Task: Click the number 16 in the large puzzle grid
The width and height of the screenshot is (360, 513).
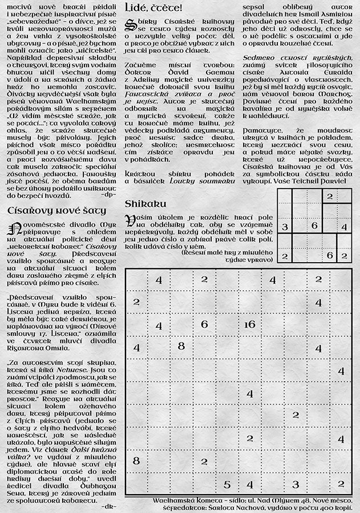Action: point(249,324)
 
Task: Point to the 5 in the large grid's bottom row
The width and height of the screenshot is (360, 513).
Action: point(226,484)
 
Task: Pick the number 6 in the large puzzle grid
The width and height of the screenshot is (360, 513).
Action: point(204,324)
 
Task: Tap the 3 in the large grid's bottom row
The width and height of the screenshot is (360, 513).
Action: point(295,484)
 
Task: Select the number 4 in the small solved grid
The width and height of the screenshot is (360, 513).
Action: point(343,227)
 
